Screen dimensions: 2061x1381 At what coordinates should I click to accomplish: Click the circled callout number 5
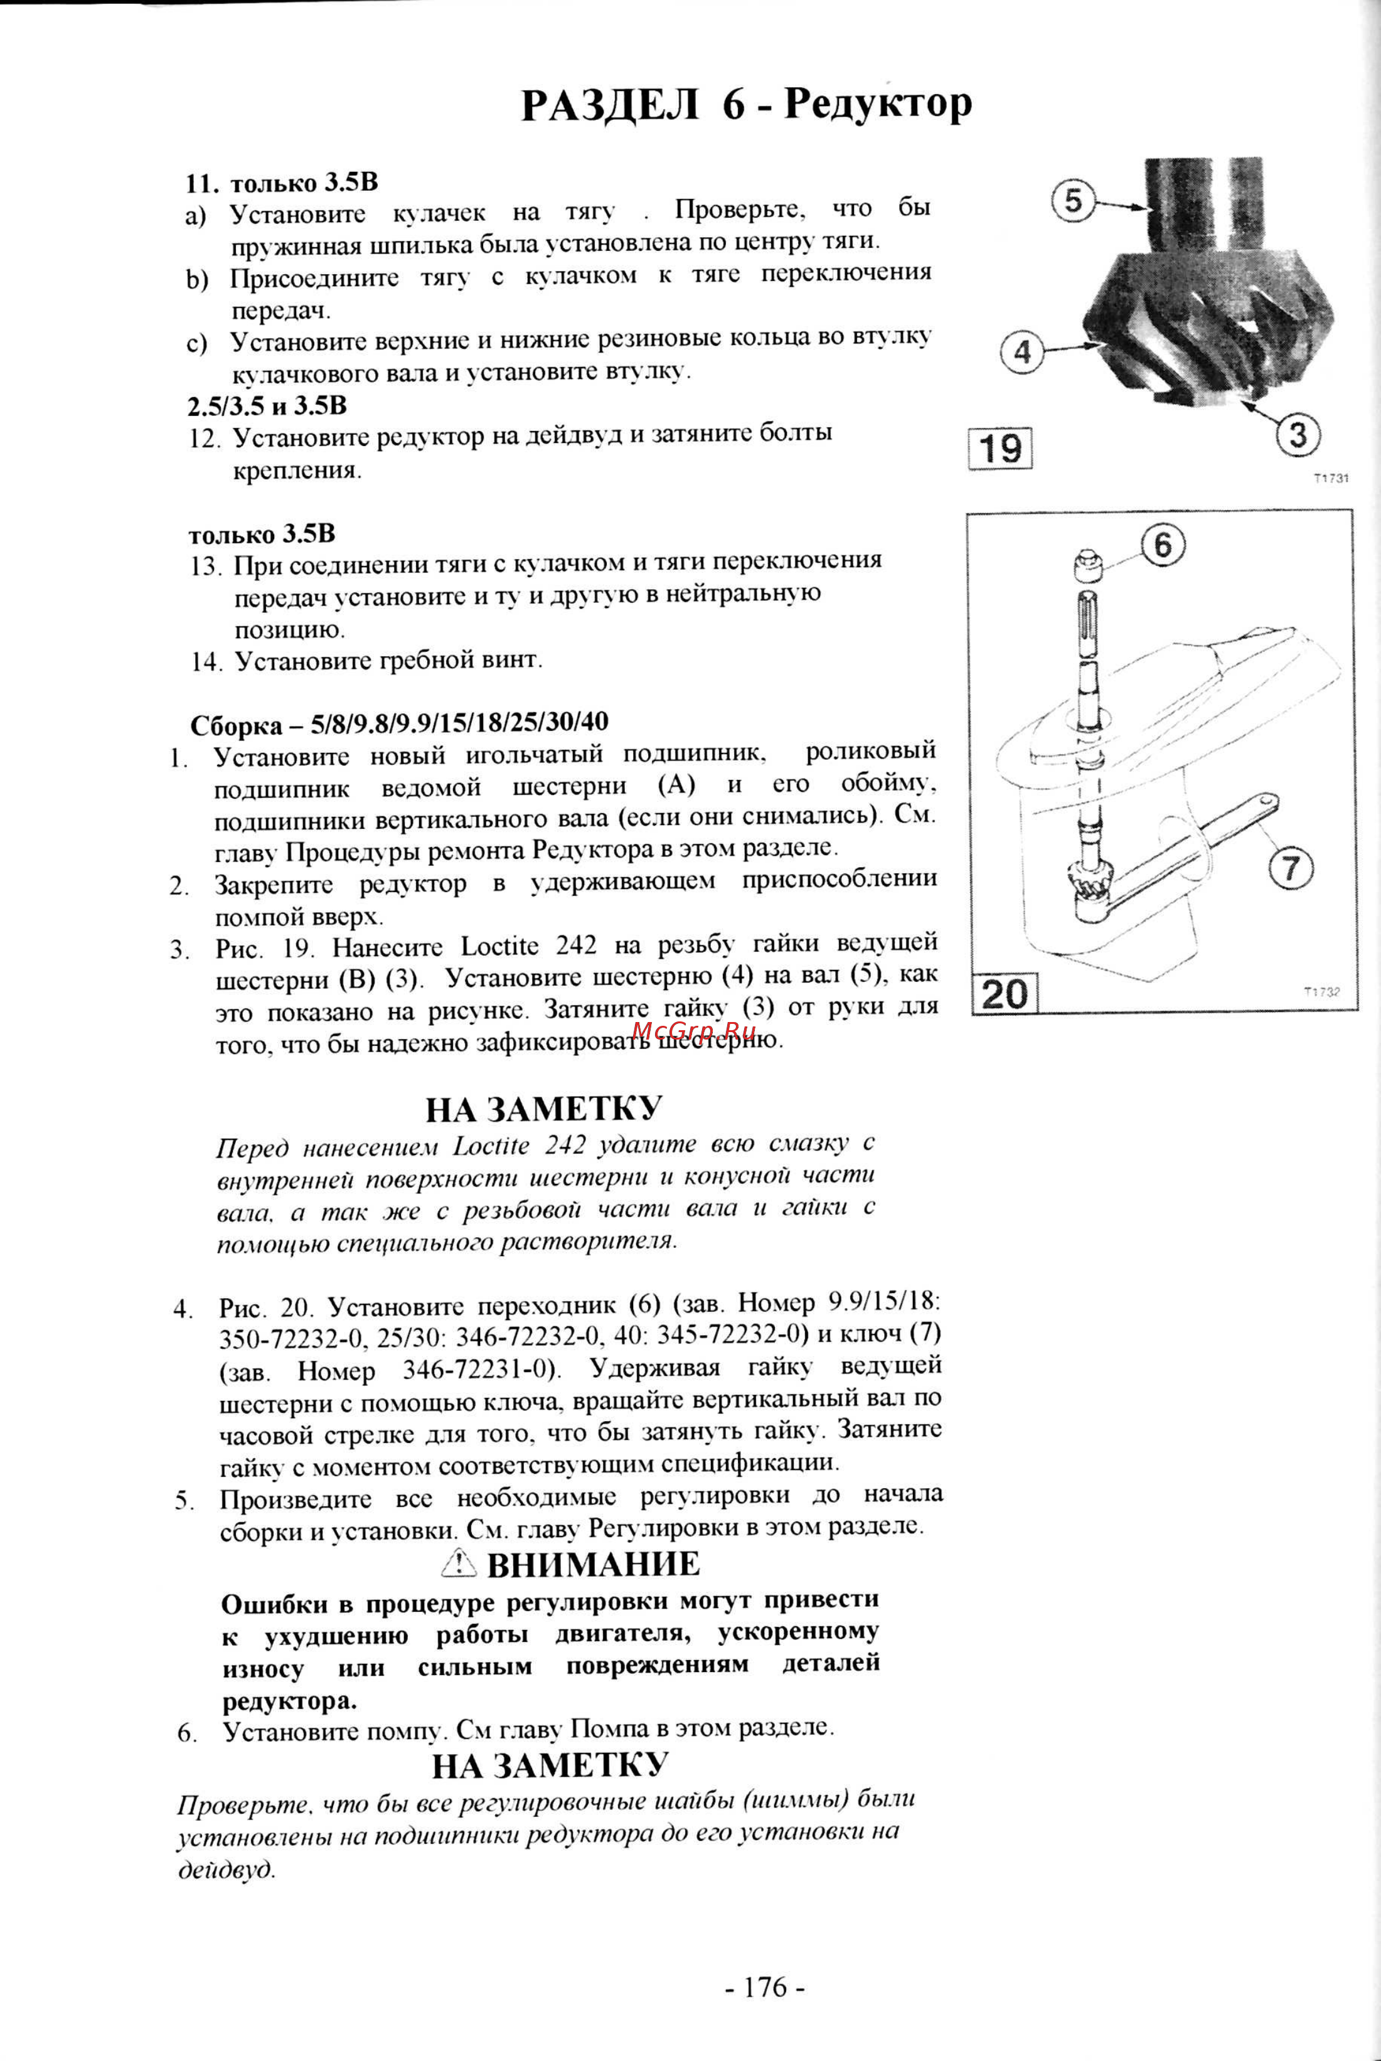coord(1073,201)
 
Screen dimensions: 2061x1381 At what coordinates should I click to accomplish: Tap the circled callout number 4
coord(1021,353)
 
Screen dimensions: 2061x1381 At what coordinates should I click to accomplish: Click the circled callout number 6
coord(1163,545)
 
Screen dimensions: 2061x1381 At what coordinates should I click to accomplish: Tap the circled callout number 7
coord(1290,868)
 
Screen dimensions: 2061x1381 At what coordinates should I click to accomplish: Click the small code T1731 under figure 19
coord(1331,478)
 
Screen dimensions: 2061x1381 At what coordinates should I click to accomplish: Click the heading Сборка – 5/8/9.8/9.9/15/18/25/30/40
coord(399,723)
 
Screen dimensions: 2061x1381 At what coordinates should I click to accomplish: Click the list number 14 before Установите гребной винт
coord(205,663)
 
